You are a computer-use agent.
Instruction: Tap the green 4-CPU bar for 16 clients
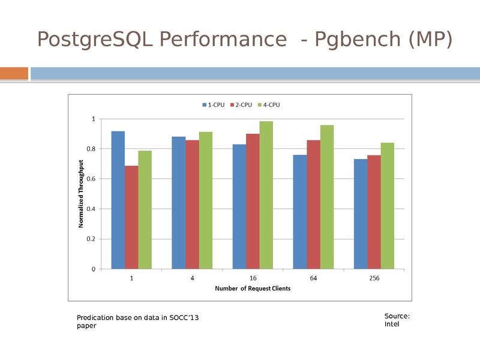click(266, 195)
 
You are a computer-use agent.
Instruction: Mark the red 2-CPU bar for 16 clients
click(253, 201)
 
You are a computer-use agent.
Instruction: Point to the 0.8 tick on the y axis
click(91, 149)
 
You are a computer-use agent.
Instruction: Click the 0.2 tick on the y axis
click(91, 239)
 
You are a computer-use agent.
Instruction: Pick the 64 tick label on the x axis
click(313, 278)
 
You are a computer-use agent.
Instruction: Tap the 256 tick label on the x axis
click(374, 278)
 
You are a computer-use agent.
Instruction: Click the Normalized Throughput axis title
click(80, 193)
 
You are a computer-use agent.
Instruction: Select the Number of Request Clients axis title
click(253, 289)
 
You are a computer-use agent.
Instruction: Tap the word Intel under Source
click(391, 325)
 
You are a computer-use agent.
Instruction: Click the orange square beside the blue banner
click(14, 73)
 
